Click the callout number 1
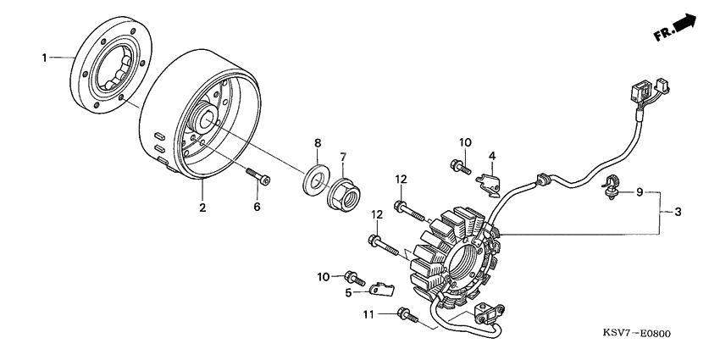pos(44,57)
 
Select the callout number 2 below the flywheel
pos(202,208)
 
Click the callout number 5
pos(348,293)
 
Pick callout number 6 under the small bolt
pos(258,206)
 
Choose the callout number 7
pos(344,156)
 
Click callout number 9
pos(640,192)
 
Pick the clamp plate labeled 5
pos(382,291)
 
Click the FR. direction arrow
pos(676,28)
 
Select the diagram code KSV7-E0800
pos(636,334)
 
